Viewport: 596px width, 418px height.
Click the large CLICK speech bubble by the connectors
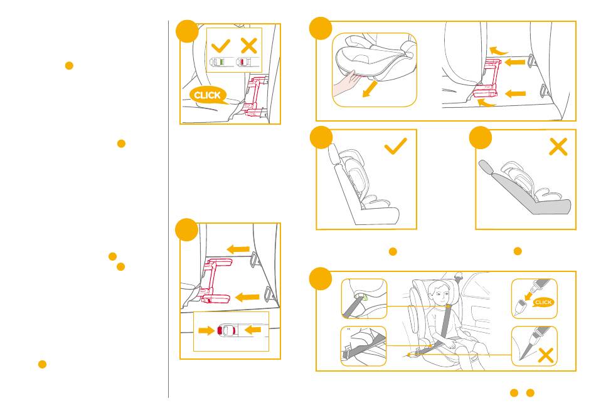click(x=208, y=95)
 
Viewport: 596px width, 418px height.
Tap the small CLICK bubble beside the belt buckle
click(x=543, y=302)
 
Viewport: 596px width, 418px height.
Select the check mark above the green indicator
click(x=221, y=46)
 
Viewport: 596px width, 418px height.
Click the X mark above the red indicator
click(x=249, y=46)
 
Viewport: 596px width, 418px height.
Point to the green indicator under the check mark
click(x=222, y=61)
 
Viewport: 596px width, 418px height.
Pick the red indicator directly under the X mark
click(x=242, y=61)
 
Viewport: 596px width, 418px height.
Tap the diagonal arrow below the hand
click(x=370, y=89)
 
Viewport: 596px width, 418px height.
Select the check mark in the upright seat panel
click(x=396, y=146)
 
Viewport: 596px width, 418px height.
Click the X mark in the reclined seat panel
click(x=558, y=147)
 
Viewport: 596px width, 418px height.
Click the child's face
click(x=441, y=295)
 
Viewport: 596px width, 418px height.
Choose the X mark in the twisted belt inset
click(x=546, y=355)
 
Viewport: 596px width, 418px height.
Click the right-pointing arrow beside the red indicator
click(x=206, y=330)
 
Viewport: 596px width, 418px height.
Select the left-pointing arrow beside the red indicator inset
click(x=253, y=330)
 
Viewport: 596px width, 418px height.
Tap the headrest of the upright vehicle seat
click(x=333, y=154)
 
